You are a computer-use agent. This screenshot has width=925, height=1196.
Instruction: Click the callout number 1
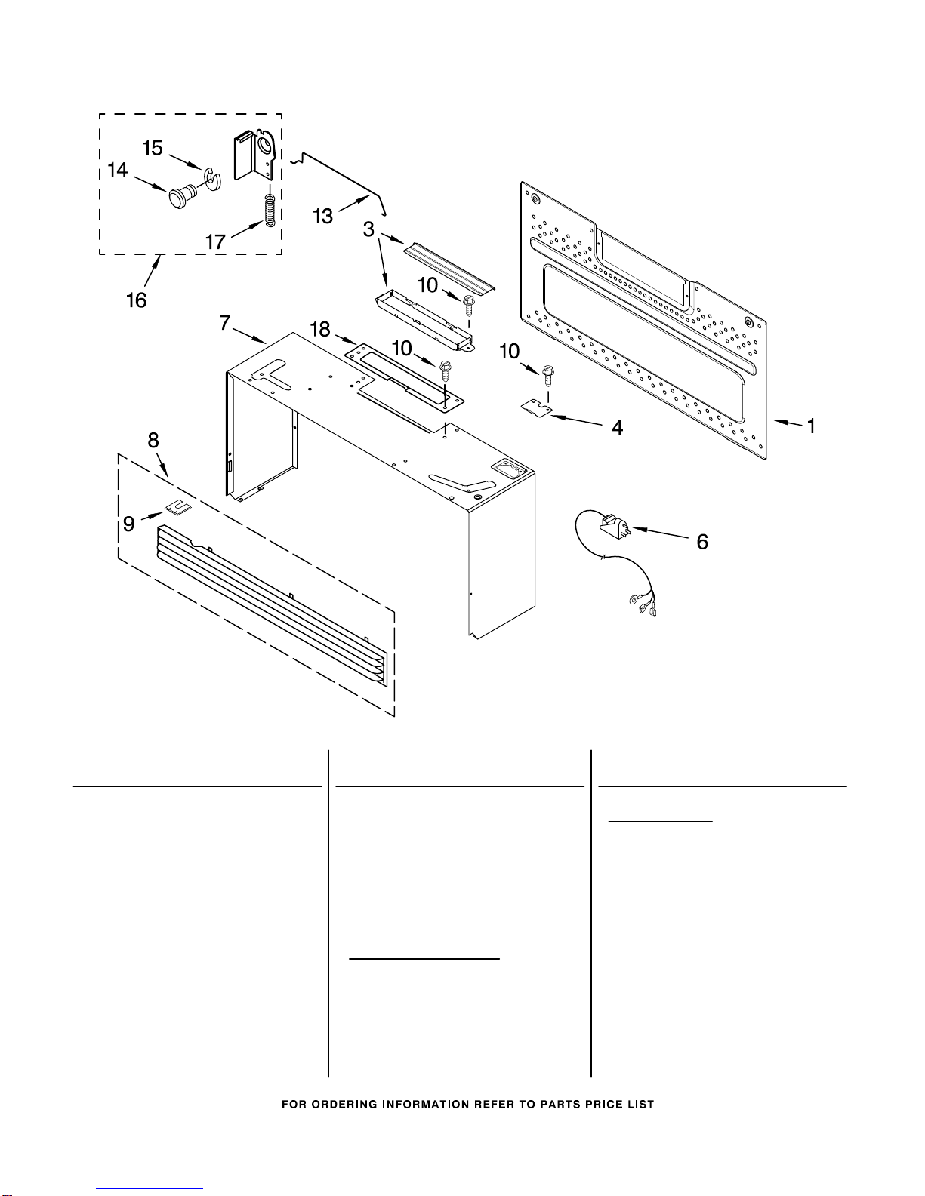[810, 426]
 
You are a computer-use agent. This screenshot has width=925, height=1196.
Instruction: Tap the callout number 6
[702, 542]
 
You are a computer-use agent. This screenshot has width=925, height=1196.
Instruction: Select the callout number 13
[323, 216]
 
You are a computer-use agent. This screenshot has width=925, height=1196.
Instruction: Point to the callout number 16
[137, 300]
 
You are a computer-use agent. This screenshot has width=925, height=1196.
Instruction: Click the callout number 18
[320, 329]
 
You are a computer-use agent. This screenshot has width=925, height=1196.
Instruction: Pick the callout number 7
[225, 322]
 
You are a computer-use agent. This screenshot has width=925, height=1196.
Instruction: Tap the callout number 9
[129, 524]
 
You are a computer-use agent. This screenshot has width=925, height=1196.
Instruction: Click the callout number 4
[617, 428]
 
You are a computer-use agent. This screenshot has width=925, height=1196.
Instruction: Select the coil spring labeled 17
[270, 210]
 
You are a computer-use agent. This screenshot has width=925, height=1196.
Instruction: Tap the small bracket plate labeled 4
[536, 407]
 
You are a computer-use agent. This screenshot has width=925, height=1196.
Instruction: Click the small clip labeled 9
[178, 507]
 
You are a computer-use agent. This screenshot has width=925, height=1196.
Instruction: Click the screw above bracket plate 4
[548, 375]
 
